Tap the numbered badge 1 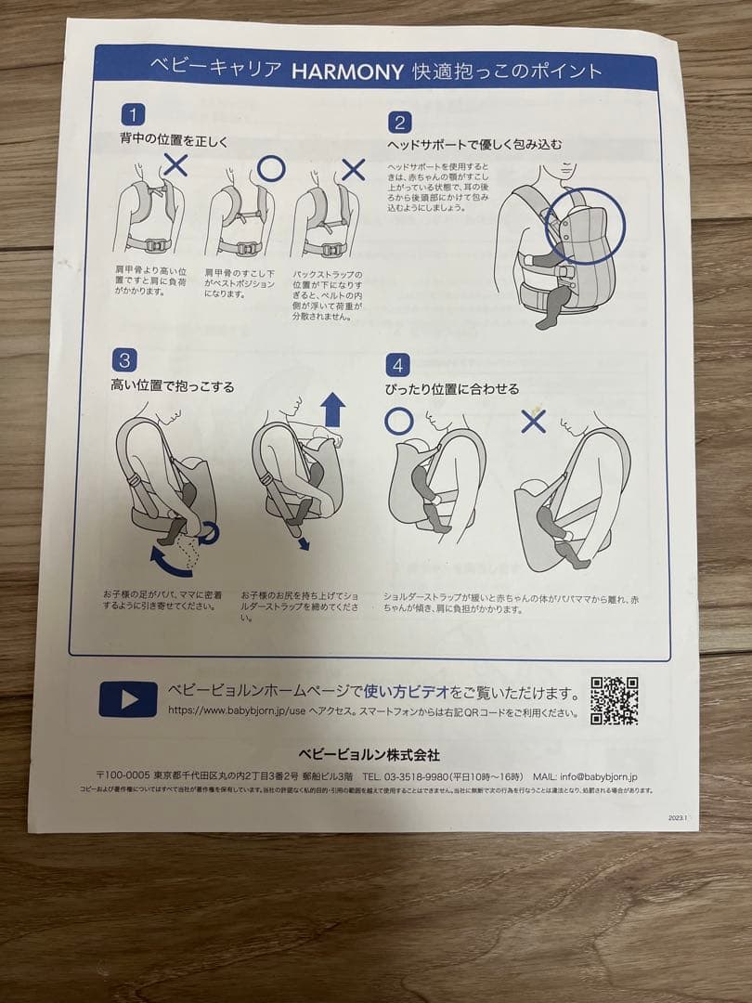pos(133,115)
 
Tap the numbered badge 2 pos(399,123)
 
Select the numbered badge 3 pos(123,359)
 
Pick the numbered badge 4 pos(397,364)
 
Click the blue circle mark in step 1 pos(270,169)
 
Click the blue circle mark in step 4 pos(398,421)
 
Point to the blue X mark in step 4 pos(533,421)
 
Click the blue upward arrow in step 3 pos(332,410)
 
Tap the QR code pos(615,700)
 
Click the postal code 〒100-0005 pos(123,775)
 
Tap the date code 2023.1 pos(677,818)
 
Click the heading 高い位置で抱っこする pos(173,386)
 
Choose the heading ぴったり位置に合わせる pos(452,389)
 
